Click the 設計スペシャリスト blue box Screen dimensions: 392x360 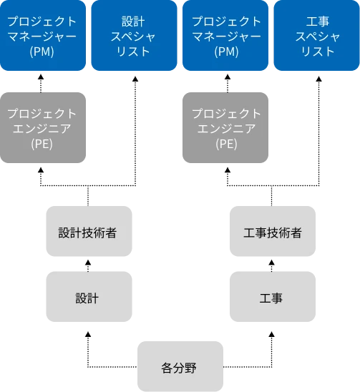133,36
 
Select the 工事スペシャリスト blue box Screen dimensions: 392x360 316,36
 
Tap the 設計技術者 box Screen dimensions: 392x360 88,232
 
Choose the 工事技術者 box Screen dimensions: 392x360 272,232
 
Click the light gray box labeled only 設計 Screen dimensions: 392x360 88,298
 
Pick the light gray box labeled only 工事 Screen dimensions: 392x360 272,298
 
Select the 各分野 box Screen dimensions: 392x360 180,368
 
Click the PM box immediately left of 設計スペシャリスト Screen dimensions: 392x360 42,36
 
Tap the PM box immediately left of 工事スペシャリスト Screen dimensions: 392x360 226,36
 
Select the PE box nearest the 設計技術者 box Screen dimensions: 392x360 42,129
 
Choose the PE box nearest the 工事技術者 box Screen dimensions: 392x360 226,129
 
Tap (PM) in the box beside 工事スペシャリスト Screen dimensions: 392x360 226,52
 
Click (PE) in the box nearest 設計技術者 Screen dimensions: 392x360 42,144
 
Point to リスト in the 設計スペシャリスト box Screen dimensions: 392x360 133,52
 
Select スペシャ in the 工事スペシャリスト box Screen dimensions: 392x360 316,36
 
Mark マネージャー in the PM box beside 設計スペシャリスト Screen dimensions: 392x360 42,36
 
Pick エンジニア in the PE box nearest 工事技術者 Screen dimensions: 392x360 226,129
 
